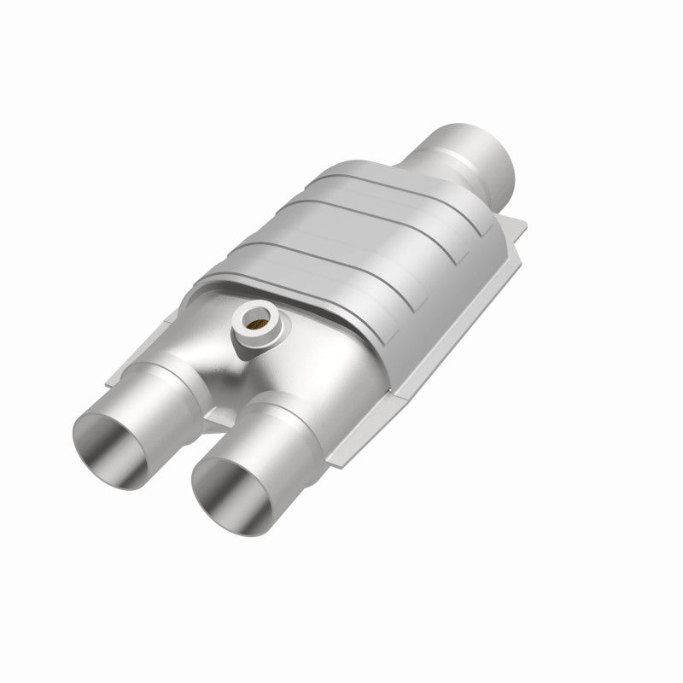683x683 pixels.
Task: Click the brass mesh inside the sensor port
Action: pyautogui.click(x=257, y=322)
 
